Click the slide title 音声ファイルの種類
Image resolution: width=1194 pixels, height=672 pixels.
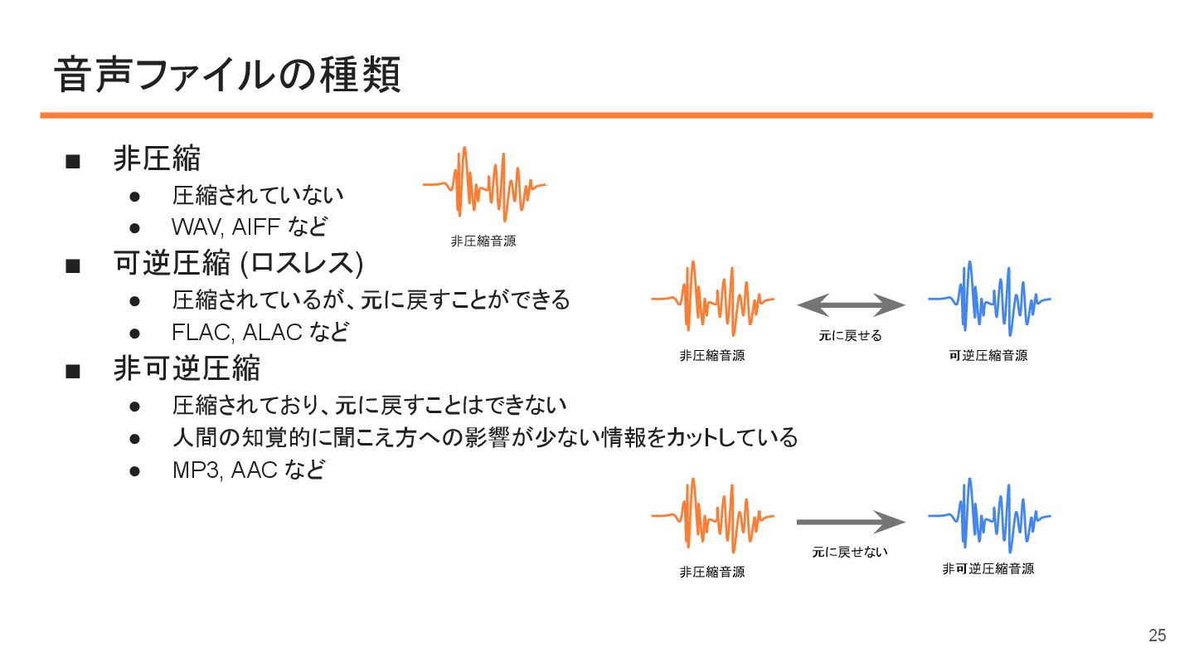pyautogui.click(x=228, y=75)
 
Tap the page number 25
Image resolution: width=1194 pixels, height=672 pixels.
pyautogui.click(x=1157, y=635)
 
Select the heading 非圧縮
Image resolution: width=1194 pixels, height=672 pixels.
pyautogui.click(x=157, y=159)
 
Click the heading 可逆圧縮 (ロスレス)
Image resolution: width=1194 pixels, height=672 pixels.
pyautogui.click(x=239, y=264)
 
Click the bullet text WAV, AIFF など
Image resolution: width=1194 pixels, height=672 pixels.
pyautogui.click(x=250, y=226)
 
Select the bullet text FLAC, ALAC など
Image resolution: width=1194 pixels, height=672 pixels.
pyautogui.click(x=260, y=332)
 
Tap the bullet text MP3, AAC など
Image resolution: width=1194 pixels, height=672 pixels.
pyautogui.click(x=248, y=470)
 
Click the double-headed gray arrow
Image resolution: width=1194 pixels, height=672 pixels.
pyautogui.click(x=851, y=306)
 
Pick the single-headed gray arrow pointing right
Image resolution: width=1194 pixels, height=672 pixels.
pyautogui.click(x=851, y=522)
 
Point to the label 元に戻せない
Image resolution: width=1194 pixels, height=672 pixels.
pyautogui.click(x=850, y=552)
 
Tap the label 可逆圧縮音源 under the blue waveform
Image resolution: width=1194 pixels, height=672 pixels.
pyautogui.click(x=988, y=356)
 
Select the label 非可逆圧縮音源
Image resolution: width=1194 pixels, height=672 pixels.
pyautogui.click(x=988, y=569)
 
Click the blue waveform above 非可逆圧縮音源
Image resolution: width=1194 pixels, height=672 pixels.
pyautogui.click(x=989, y=516)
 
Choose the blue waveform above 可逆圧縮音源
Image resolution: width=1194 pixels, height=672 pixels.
pyautogui.click(x=989, y=299)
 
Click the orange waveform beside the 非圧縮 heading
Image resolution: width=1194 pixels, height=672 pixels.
pyautogui.click(x=484, y=185)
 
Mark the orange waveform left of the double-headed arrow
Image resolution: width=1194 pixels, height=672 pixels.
pyautogui.click(x=713, y=299)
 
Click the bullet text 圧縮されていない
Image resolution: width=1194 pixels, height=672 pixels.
pyautogui.click(x=258, y=196)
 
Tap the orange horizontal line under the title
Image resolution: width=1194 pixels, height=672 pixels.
pyautogui.click(x=596, y=115)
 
